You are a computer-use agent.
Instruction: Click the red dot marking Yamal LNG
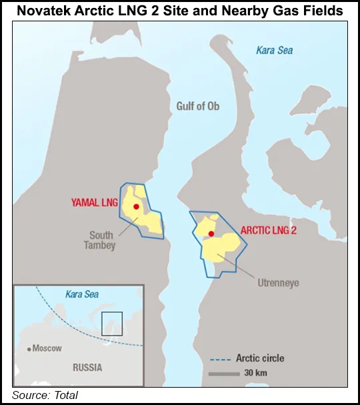coord(136,207)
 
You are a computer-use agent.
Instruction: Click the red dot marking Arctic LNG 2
coord(211,233)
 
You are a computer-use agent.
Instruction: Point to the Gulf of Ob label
coord(198,107)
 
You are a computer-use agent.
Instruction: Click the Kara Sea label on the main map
coord(274,50)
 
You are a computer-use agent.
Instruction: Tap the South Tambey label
coord(103,240)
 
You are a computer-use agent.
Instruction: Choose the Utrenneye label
coord(278,283)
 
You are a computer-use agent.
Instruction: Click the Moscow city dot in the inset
coord(29,348)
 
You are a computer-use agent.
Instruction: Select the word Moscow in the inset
coord(47,348)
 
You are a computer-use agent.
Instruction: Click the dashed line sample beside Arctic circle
coord(220,359)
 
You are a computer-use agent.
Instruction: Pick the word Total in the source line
coord(65,396)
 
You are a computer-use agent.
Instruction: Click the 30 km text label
coord(255,373)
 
